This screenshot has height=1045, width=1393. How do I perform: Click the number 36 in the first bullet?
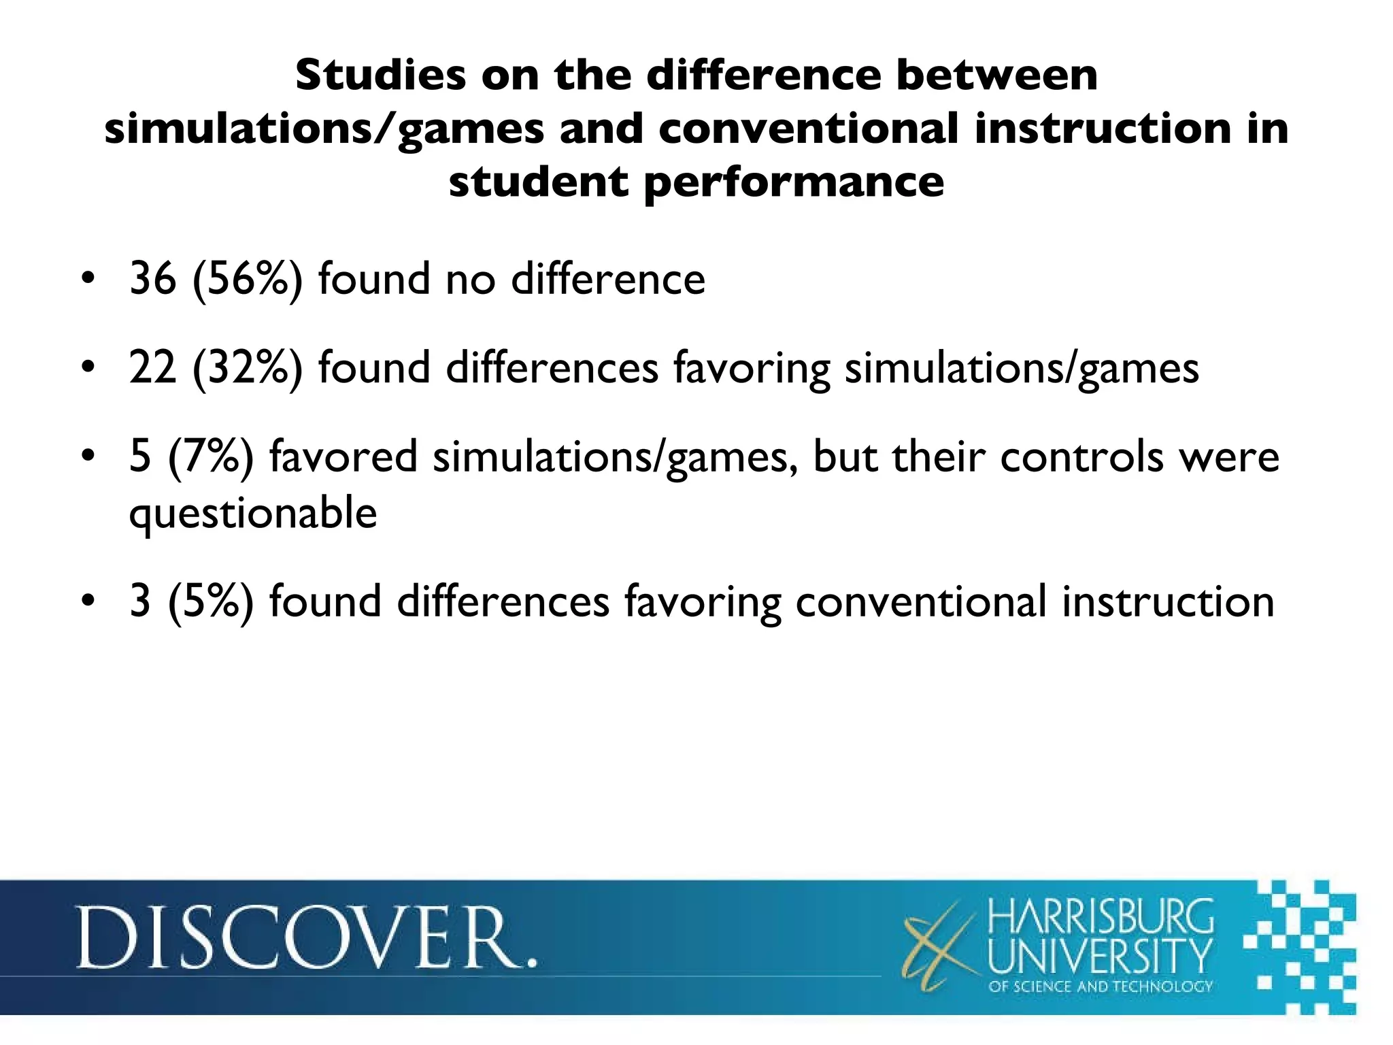[152, 279]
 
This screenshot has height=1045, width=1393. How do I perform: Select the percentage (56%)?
[247, 279]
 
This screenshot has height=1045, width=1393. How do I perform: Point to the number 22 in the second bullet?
[152, 368]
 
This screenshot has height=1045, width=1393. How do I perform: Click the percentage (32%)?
[247, 368]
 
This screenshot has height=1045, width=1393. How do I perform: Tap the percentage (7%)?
[210, 457]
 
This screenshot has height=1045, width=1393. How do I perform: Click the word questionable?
[253, 514]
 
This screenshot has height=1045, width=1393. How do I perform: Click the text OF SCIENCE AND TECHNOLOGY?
[1100, 986]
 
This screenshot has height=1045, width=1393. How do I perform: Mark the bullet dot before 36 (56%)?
[87, 280]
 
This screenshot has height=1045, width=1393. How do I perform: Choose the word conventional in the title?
[809, 129]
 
